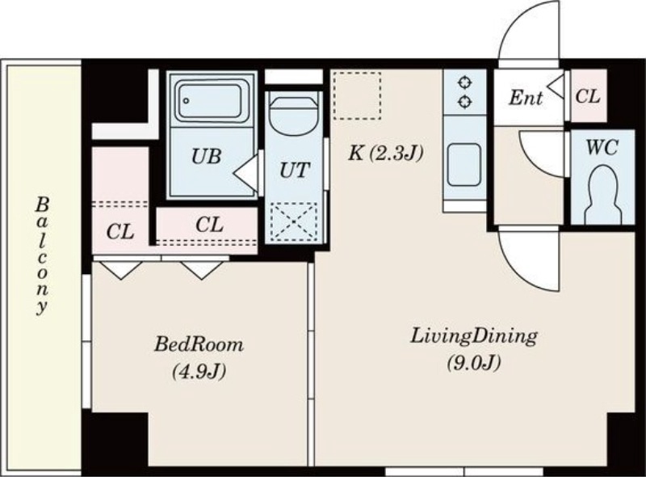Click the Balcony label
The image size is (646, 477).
(42, 256)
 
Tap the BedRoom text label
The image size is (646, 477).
(199, 344)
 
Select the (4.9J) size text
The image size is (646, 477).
(199, 371)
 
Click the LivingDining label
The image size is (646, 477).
(474, 337)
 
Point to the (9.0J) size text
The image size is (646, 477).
(474, 363)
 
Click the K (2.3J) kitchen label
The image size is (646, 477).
(386, 154)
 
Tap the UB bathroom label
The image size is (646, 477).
(207, 156)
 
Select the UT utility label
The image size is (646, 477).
(294, 170)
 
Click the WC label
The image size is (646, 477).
(602, 147)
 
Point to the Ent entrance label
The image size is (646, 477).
(526, 98)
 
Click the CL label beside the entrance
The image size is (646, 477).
(588, 96)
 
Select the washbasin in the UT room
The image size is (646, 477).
(294, 116)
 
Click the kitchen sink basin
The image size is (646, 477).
(464, 165)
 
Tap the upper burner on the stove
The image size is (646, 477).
(465, 82)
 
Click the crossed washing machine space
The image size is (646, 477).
(294, 222)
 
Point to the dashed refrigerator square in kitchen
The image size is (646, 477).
(357, 95)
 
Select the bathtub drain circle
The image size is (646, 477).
(187, 101)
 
